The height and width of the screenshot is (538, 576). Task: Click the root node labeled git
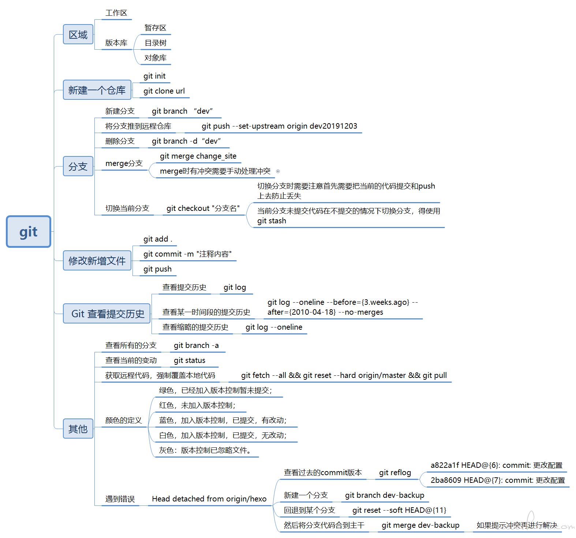(29, 232)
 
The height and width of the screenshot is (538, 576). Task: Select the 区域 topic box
(78, 34)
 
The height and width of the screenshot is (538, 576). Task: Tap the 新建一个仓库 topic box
(97, 90)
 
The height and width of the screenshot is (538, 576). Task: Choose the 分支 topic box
(78, 166)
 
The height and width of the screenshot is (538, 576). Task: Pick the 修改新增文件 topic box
(97, 261)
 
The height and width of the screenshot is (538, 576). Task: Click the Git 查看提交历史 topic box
(106, 314)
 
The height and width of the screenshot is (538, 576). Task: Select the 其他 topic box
(78, 429)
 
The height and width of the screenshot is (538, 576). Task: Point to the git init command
(154, 76)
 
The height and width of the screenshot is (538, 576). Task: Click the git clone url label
(164, 91)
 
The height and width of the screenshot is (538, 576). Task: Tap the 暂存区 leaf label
(156, 28)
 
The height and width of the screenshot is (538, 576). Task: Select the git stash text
(272, 221)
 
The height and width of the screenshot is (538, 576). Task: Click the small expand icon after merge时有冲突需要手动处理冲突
(278, 171)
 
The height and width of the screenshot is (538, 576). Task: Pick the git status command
(190, 360)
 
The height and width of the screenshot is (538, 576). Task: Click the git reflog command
(395, 473)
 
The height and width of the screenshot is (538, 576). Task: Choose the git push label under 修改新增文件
(157, 269)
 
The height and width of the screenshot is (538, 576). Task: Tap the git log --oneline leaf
(274, 327)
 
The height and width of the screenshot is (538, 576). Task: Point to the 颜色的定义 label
(124, 420)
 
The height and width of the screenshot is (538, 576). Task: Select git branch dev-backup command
(385, 495)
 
